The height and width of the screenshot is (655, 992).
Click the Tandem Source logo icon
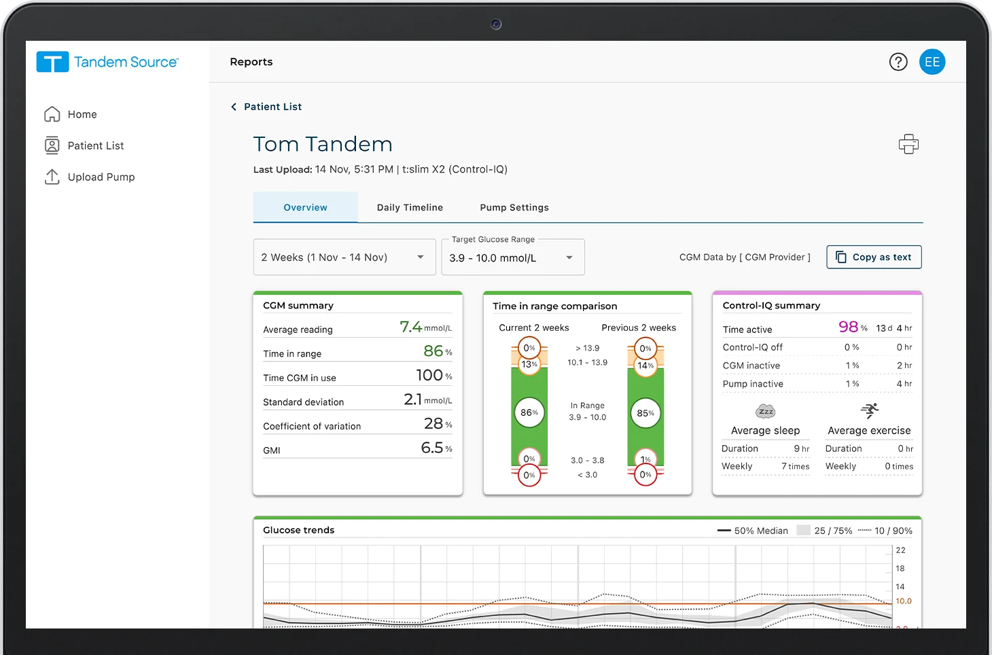52,63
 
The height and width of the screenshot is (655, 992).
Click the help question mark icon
898,62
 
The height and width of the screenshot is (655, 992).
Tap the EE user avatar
932,62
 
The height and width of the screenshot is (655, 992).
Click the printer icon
908,144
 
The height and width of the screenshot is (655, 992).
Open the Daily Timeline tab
410,207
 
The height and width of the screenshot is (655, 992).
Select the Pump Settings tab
514,207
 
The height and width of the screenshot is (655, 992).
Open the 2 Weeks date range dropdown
344,257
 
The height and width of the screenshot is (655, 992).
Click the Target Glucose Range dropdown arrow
569,258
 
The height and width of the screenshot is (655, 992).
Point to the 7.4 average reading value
410,327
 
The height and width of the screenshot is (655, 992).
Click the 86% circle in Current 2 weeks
529,412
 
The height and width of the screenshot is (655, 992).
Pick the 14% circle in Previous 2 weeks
645,366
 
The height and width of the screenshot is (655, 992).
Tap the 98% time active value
848,327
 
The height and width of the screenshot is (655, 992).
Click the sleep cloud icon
766,411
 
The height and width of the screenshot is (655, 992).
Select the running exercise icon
870,410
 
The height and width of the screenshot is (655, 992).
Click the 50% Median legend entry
753,531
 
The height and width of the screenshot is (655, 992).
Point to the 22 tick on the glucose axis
900,550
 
